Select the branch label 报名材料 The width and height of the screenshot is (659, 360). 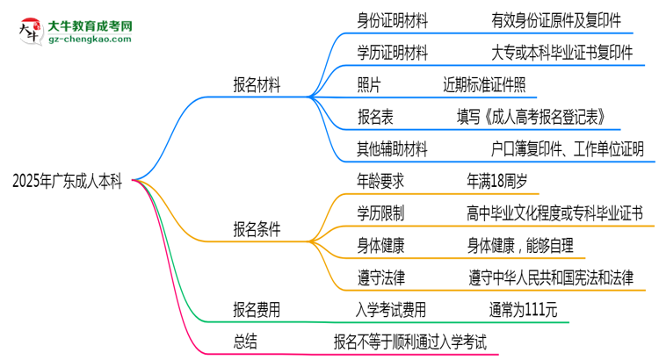257,88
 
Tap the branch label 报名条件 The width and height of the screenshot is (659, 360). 257,229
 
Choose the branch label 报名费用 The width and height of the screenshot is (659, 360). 257,309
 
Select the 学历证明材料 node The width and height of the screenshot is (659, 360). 393,54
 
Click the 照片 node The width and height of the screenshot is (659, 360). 370,84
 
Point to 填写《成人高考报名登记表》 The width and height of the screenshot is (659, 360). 531,117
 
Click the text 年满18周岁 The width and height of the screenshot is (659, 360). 497,181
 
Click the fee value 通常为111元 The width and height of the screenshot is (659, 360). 523,309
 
